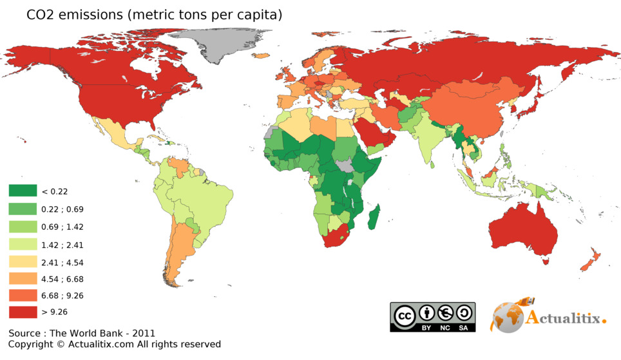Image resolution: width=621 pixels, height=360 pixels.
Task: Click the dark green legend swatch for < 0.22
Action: (23, 191)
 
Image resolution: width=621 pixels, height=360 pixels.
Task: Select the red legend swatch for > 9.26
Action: (23, 312)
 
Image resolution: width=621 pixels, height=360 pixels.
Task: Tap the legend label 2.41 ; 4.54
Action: (62, 263)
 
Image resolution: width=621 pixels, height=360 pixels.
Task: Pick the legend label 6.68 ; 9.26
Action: (62, 296)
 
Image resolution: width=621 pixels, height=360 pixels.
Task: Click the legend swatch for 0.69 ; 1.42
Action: (23, 227)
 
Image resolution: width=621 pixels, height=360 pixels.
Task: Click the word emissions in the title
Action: (92, 15)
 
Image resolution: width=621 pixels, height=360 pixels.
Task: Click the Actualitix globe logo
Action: (508, 317)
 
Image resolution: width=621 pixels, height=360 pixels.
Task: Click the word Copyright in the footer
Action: (31, 345)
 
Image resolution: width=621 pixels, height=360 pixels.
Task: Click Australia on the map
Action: (523, 232)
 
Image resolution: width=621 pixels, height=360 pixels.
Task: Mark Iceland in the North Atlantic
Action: (261, 56)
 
